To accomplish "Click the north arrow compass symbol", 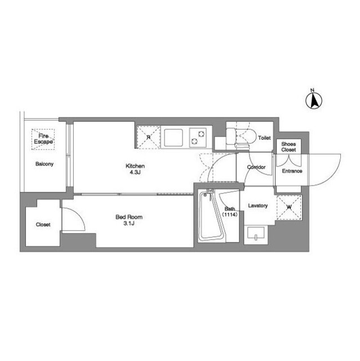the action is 314,100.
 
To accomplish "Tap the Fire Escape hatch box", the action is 43,139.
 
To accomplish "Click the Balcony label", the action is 45,164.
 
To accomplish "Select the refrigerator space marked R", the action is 149,138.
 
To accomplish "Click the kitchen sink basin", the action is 174,138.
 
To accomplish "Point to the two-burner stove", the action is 198,138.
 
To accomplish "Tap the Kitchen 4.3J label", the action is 135,169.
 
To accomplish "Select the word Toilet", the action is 264,138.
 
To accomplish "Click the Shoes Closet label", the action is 288,147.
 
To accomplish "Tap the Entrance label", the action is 292,171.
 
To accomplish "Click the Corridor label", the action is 256,167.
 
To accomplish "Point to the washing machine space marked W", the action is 289,207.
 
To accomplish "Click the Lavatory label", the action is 257,205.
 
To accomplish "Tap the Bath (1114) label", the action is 230,212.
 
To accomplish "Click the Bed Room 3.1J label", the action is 129,220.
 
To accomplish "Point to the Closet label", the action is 43,224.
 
